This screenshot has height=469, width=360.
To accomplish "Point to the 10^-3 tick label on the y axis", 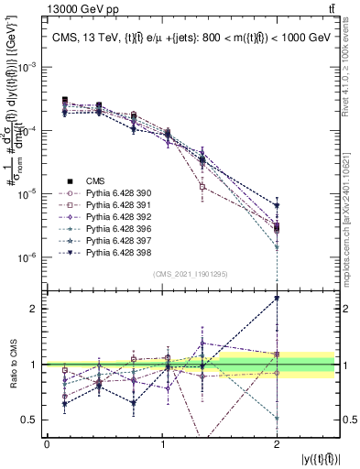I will point(28,68).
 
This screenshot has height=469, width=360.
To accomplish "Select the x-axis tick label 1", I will point(162,443).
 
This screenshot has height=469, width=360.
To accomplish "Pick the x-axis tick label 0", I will point(47,443).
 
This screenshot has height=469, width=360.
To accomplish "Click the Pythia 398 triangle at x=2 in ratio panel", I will point(277,299).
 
